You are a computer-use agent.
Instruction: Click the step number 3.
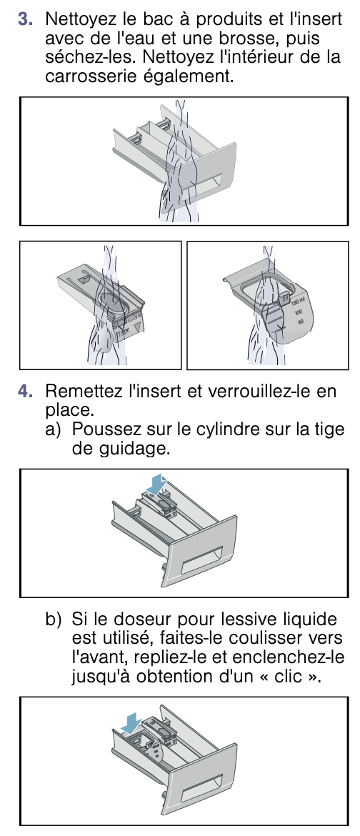[x=25, y=19]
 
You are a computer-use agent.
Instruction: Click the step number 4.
[x=25, y=392]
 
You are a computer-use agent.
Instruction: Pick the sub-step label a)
[x=54, y=429]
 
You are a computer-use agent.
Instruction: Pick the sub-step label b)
[x=54, y=619]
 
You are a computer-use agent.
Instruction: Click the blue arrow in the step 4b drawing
[x=131, y=724]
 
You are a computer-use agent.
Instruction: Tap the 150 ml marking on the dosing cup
[x=297, y=306]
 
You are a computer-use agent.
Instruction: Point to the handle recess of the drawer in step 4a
[x=201, y=560]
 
